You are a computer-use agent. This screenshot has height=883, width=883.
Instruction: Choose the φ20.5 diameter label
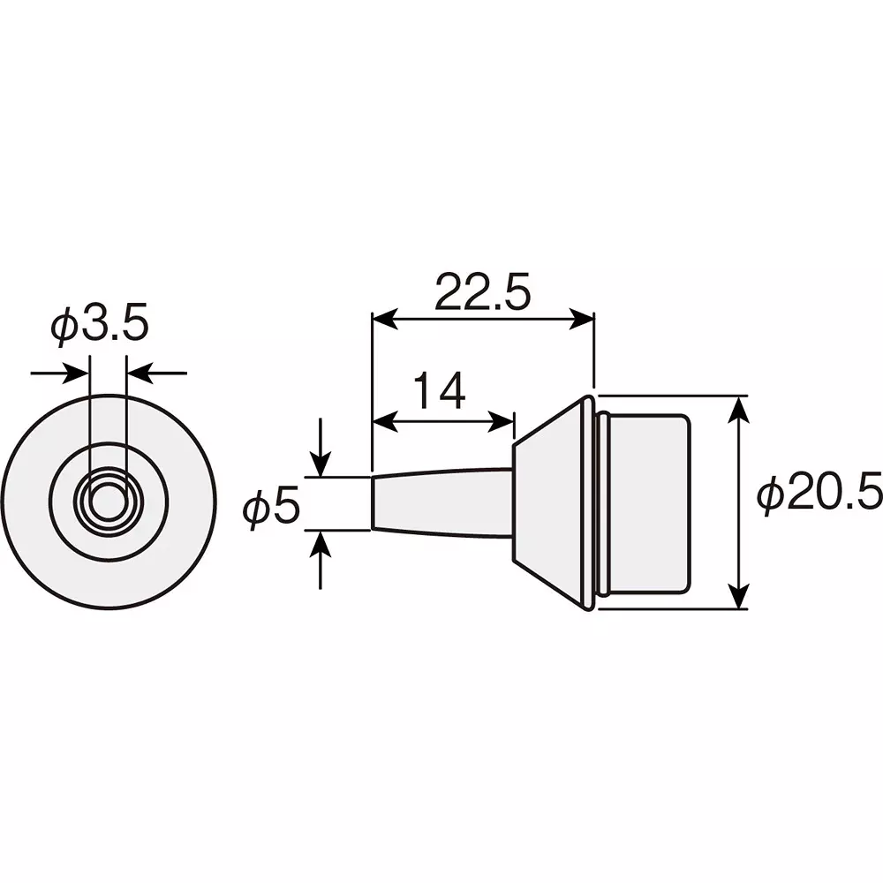pos(819,496)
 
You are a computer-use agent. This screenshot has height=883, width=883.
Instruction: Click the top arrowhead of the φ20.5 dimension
pos(740,408)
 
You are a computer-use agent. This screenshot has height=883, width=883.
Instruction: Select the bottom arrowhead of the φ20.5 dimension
pos(740,597)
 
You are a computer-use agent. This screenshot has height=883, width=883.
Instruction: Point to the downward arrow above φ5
pos(321,464)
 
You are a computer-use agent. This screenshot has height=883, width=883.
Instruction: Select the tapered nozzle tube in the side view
pos(441,503)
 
